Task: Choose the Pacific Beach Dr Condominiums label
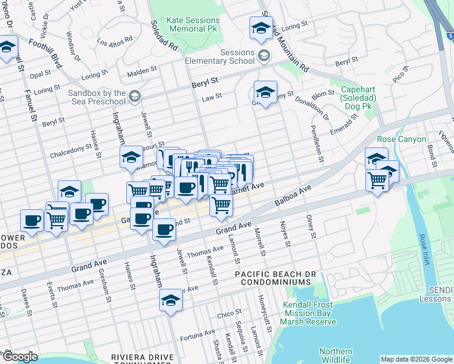pos(276,278)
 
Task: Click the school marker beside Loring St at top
pos(261,29)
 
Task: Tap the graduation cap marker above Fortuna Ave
pos(171,300)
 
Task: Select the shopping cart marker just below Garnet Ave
pos(221,207)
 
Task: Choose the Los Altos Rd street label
pos(114,42)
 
